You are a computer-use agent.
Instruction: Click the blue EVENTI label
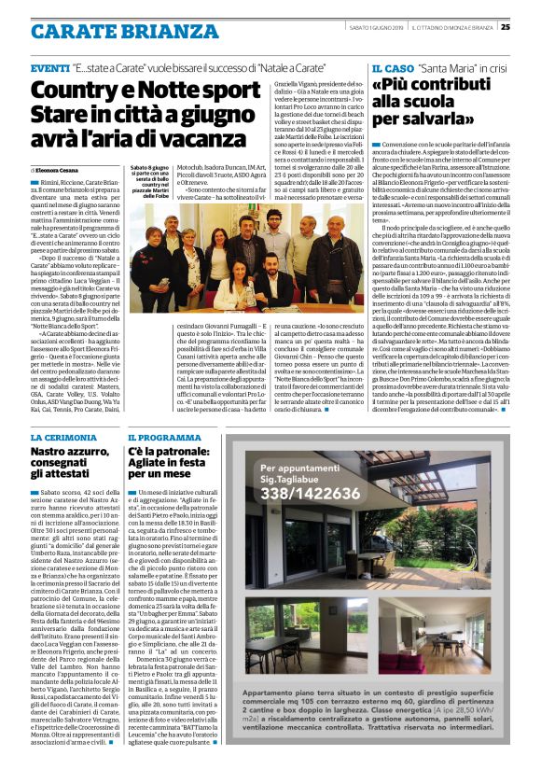coord(49,69)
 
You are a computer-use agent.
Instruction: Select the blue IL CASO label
coord(392,69)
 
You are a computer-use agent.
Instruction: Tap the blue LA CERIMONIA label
coord(65,438)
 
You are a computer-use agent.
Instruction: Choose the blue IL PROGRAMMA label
coord(165,438)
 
